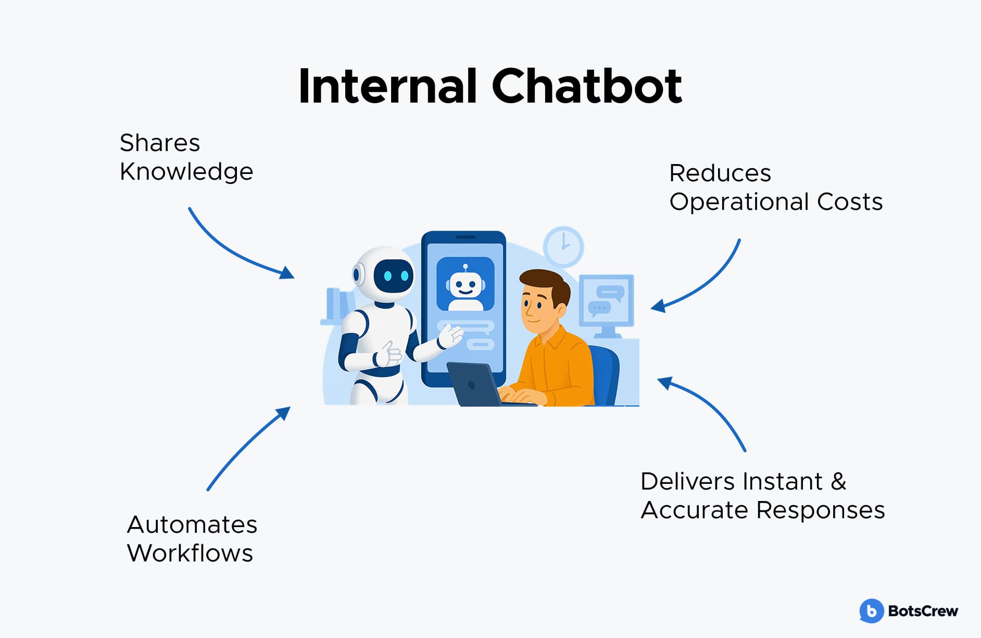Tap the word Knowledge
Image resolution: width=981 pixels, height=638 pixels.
click(x=186, y=172)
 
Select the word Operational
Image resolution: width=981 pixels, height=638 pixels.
click(x=739, y=202)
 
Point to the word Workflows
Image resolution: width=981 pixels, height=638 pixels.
click(x=190, y=553)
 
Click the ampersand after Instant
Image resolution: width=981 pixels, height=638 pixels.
click(x=838, y=481)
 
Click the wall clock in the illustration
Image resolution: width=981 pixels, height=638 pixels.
click(x=563, y=246)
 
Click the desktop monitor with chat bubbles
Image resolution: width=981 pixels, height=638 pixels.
click(x=607, y=301)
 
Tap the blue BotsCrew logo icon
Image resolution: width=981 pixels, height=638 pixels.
click(x=871, y=611)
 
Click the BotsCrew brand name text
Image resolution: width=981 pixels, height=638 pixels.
click(x=923, y=611)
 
